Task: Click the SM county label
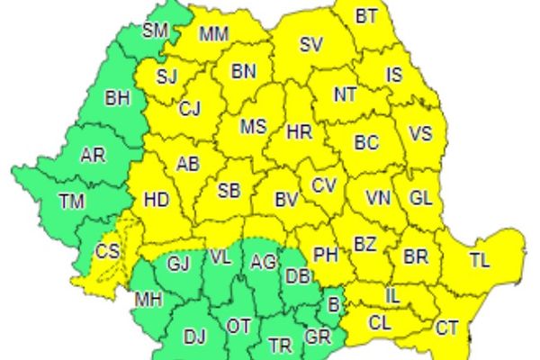156,31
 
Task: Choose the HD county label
157,200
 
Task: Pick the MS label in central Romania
253,127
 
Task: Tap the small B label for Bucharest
333,304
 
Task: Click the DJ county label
194,337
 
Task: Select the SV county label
311,45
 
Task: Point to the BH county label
118,95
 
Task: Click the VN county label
377,197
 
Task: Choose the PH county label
325,256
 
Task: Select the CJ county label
189,109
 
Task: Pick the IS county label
394,76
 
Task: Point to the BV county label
286,198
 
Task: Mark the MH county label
148,298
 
